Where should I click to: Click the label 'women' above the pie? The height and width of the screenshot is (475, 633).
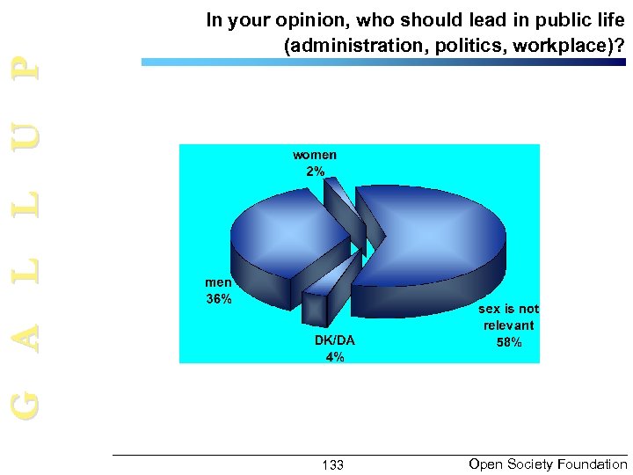coord(315,155)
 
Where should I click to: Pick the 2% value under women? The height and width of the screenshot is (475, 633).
coord(315,171)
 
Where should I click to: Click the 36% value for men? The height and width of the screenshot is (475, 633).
coord(218,299)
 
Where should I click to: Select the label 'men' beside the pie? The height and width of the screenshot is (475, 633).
coord(218,283)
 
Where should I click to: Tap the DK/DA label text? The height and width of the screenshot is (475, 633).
coord(335,340)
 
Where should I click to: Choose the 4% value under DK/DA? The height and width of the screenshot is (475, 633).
coord(335,356)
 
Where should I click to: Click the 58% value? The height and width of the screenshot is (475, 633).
coord(508,342)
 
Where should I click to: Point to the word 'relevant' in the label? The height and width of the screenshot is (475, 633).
coord(508,325)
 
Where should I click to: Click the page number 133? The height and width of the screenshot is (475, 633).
coord(333,464)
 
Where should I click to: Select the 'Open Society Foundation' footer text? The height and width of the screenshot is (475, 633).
coord(548,464)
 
